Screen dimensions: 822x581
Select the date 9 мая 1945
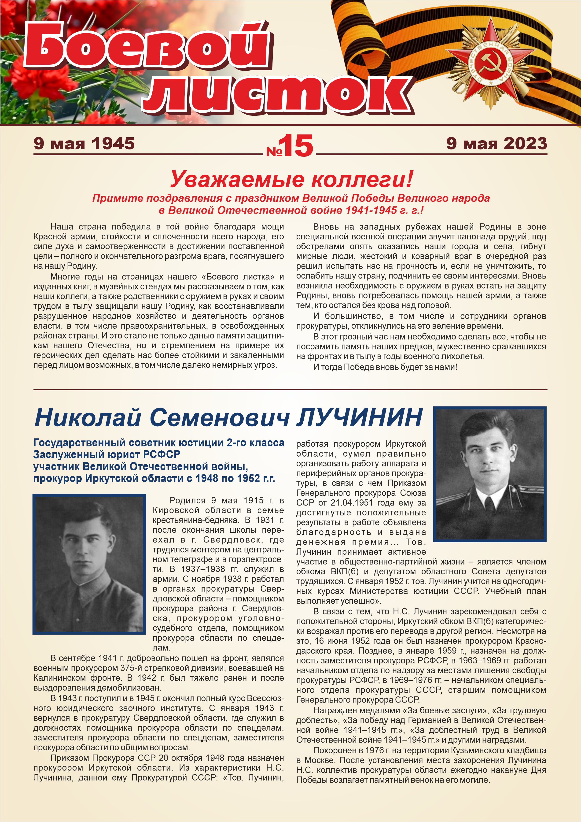tap(84, 144)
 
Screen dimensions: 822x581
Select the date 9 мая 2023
tap(496, 144)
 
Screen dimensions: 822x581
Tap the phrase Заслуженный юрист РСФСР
tap(107, 454)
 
